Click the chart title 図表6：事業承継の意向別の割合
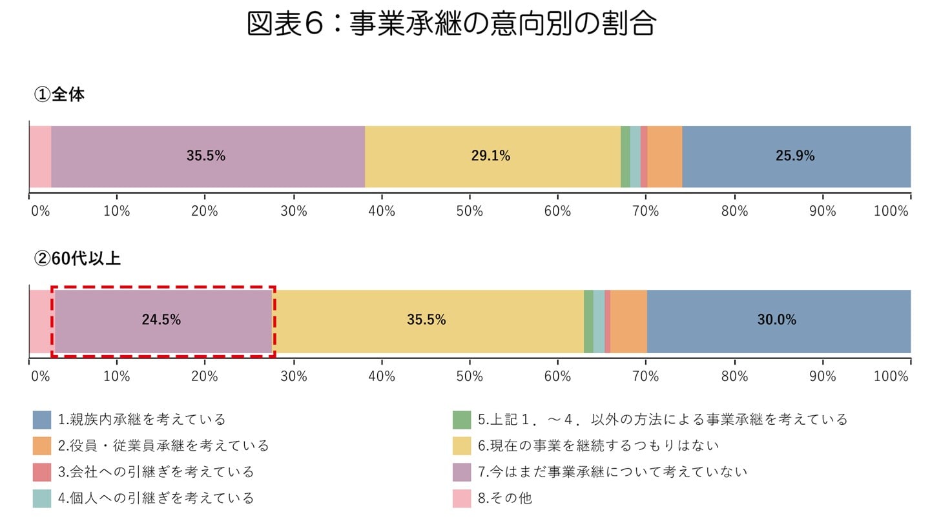pos(451,25)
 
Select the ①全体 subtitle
pos(59,95)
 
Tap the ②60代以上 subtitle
pos(77,259)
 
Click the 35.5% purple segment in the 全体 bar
pos(207,156)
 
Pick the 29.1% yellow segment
pos(491,156)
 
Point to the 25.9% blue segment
pos(795,156)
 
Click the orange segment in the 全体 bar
pos(665,156)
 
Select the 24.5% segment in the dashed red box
pos(161,320)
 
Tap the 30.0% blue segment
pos(777,320)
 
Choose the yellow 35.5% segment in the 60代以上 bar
pos(426,320)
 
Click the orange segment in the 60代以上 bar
pos(628,320)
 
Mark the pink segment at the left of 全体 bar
pos(40,156)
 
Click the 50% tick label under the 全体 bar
pos(470,211)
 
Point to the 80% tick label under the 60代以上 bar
pos(734,376)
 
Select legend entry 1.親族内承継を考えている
pos(142,420)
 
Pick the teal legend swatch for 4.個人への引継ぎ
pos(42,498)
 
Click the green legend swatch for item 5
pos(462,420)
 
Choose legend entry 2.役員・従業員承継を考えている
pos(163,446)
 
